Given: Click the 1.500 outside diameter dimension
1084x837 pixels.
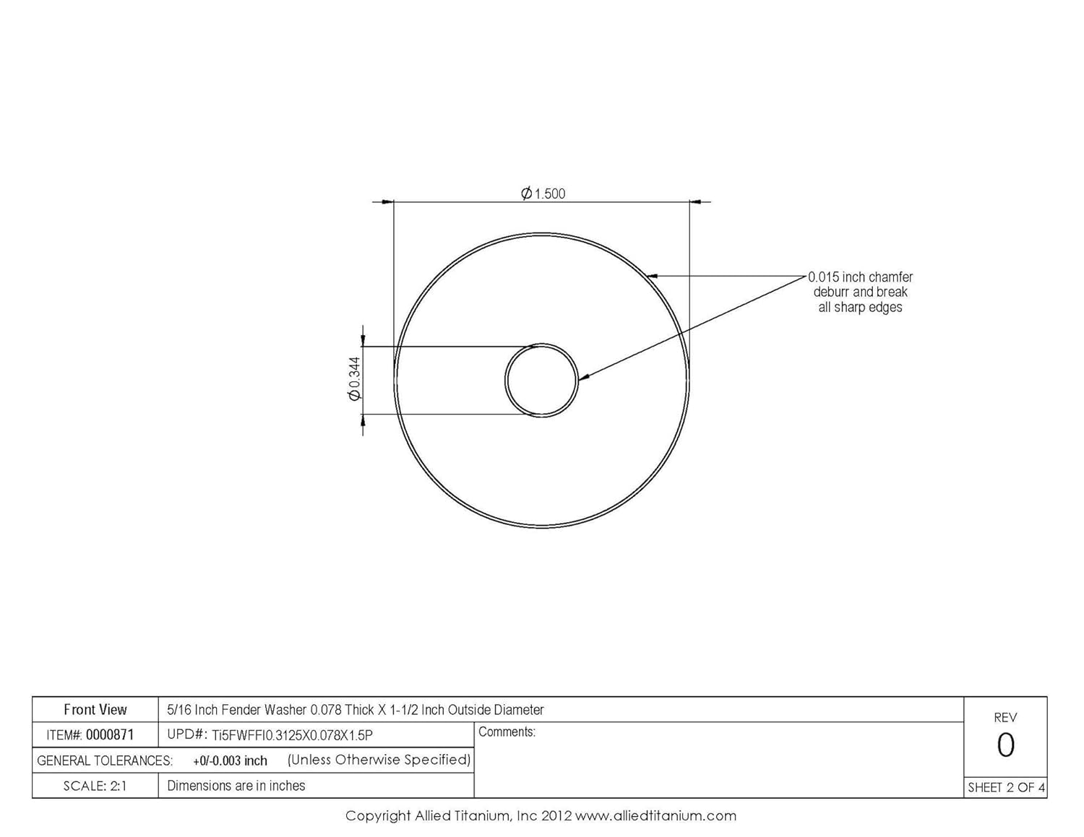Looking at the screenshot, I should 543,194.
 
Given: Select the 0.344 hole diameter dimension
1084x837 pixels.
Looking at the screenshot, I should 354,379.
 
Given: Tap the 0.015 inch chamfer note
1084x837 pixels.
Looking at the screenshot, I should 860,292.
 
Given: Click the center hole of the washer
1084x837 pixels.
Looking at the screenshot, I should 541,380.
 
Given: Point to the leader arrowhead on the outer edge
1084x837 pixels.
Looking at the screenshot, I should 650,275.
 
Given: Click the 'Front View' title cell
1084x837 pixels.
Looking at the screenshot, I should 95,710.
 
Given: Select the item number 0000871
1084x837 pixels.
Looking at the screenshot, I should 110,735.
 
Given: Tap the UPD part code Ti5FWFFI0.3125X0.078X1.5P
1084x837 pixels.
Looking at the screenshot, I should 292,735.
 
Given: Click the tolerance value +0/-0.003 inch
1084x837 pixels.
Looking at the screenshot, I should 230,760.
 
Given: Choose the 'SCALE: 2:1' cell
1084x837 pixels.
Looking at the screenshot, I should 95,786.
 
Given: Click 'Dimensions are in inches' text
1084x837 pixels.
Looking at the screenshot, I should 236,786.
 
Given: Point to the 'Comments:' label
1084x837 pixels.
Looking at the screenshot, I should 507,732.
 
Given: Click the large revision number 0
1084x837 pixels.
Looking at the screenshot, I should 1005,745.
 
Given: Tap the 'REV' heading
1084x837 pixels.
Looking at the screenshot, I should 1005,717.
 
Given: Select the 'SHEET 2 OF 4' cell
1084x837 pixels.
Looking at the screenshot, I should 1006,787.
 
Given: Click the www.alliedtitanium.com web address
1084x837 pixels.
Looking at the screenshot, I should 655,816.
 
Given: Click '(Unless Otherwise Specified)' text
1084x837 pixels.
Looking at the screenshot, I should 379,760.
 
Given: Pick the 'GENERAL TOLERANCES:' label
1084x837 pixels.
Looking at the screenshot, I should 105,760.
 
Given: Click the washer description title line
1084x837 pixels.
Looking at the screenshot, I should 356,710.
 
